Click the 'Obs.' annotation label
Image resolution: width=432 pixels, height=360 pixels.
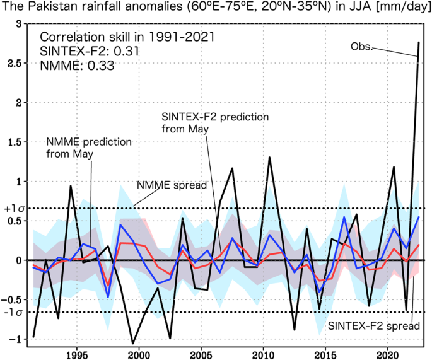coord(362,45)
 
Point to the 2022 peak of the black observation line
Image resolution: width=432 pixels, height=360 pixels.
coord(419,42)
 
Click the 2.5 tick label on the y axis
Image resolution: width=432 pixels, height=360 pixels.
coord(14,63)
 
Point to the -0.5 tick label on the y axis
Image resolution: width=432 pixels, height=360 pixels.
coord(11,300)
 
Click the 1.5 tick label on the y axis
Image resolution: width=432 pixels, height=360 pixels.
coord(14,142)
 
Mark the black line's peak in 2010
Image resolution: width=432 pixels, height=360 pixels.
coord(270,157)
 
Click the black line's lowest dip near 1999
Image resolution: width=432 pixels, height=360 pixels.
coord(133,344)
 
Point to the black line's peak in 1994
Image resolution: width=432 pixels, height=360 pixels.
coord(71,185)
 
